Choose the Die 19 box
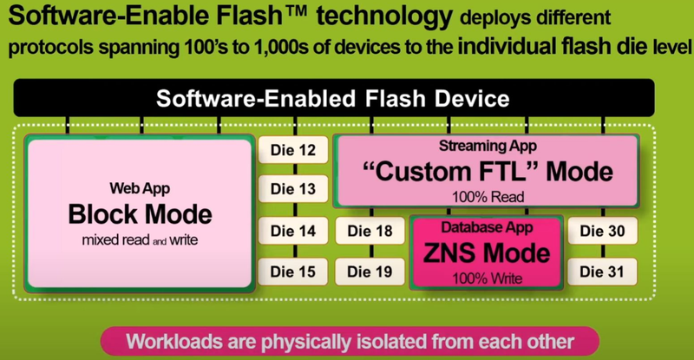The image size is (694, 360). pos(370,271)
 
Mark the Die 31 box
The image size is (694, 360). pos(604,271)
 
